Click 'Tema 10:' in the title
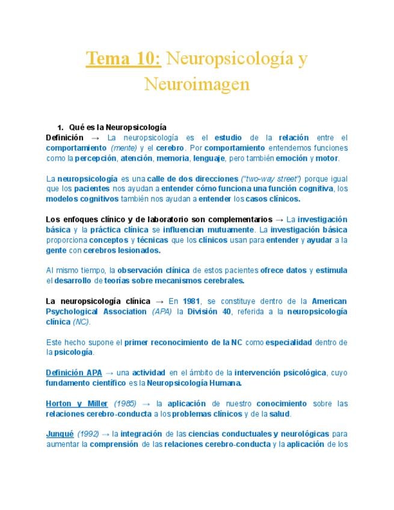[x=123, y=59]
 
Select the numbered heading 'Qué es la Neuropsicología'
[x=117, y=127]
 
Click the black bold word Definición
[x=65, y=137]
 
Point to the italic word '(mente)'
[x=124, y=148]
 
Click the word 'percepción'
[x=95, y=158]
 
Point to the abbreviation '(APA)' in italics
[x=161, y=312]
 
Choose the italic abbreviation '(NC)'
[x=81, y=322]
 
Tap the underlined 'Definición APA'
[x=74, y=373]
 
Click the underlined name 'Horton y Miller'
[x=77, y=404]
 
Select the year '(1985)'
[x=125, y=404]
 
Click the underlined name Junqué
[x=60, y=434]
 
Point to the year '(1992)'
[x=88, y=434]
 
